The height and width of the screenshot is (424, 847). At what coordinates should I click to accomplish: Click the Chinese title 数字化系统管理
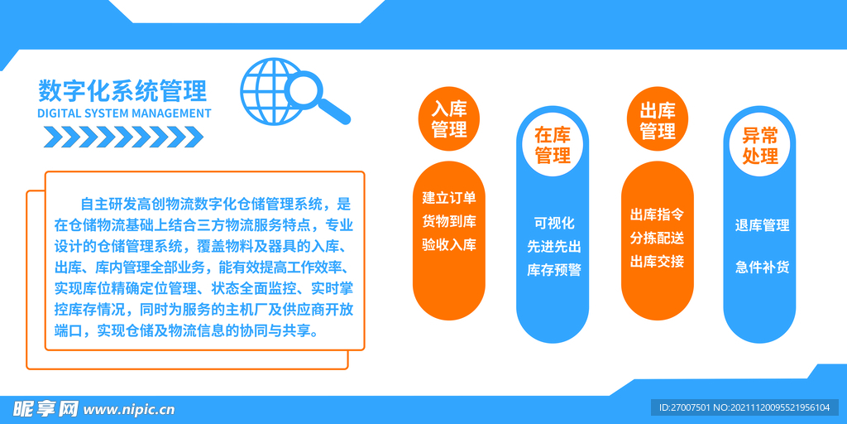[x=122, y=90]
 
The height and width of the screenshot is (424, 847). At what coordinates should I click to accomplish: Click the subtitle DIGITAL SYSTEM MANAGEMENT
[x=124, y=113]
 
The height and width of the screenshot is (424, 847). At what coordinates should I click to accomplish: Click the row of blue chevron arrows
[x=123, y=135]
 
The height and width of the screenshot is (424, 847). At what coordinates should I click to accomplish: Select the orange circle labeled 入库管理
[x=449, y=119]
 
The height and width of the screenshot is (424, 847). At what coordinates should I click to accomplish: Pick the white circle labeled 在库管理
[x=553, y=145]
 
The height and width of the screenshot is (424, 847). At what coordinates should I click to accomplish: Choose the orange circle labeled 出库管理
[x=658, y=121]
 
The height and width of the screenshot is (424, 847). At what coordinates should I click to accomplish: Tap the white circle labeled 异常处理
[x=760, y=145]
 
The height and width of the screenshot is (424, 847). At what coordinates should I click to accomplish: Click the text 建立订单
[x=449, y=198]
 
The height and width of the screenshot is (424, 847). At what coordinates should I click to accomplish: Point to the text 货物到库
[x=449, y=221]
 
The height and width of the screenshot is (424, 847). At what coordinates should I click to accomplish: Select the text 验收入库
[x=449, y=244]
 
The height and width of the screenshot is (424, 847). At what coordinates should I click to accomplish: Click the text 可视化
[x=553, y=223]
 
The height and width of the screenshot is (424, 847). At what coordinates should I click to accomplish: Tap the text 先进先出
[x=553, y=246]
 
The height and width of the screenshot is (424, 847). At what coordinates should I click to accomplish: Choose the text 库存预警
[x=553, y=270]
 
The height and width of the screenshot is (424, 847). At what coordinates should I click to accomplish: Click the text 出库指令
[x=657, y=214]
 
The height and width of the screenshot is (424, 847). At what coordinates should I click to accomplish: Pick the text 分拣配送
[x=657, y=238]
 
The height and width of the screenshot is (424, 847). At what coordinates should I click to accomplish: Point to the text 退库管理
[x=762, y=225]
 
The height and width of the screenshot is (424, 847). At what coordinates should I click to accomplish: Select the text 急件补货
[x=762, y=267]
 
